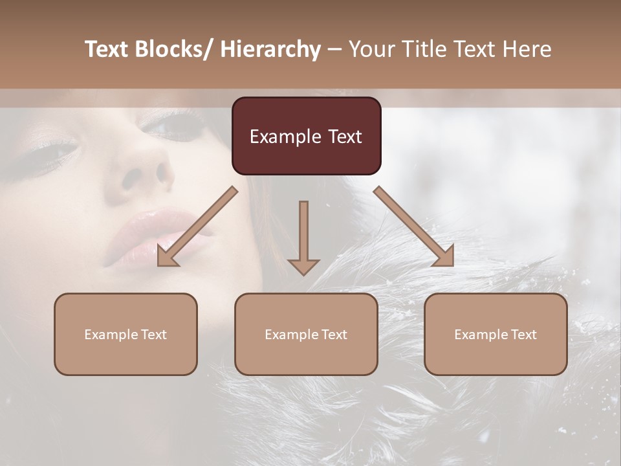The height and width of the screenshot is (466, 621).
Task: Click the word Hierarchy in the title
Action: [x=270, y=50]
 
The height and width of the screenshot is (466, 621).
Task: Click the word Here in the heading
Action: [x=527, y=50]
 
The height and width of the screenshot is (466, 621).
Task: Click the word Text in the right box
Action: [x=523, y=335]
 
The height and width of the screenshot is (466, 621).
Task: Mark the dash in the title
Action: [x=334, y=50]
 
